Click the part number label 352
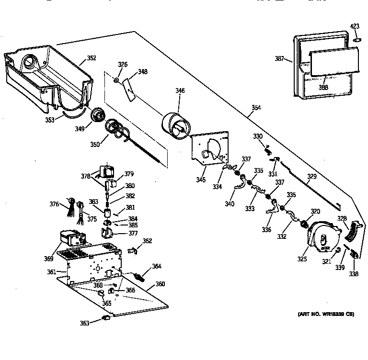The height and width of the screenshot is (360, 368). coord(91,58)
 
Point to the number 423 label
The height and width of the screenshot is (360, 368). coord(354,26)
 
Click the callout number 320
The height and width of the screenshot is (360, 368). coord(315,211)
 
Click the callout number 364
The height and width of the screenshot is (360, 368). coord(157,267)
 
